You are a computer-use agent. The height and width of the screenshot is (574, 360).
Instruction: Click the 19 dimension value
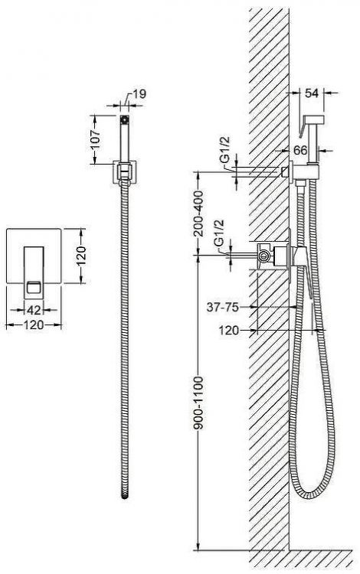(x=139, y=94)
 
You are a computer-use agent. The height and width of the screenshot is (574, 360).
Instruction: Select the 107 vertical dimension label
(x=96, y=139)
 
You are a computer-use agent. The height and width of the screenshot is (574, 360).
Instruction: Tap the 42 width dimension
(x=34, y=310)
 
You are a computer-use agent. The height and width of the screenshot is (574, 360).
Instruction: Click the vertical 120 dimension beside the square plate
(x=81, y=256)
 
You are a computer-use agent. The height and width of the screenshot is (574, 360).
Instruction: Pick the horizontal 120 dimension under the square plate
(x=34, y=325)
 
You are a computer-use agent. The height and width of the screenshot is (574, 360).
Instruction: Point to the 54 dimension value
(x=312, y=93)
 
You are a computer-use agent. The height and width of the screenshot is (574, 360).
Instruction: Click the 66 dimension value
(x=300, y=150)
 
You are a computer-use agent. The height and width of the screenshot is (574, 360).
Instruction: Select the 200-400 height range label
(x=198, y=214)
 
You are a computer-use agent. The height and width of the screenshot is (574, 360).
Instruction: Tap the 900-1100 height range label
(x=198, y=403)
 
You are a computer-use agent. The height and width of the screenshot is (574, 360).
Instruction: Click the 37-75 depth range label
(x=223, y=307)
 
